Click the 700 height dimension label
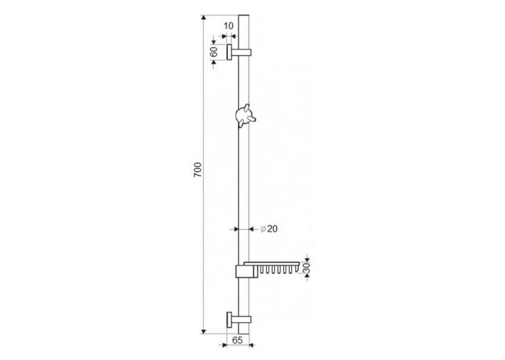pos(197,170)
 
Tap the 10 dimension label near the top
pos(228,26)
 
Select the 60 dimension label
pos(213,52)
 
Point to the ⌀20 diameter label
pos(269,229)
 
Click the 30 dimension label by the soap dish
pos(306,268)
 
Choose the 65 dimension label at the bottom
pos(238,340)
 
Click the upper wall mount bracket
pos(239,52)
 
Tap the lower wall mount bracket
pos(239,320)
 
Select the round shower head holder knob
pos(245,116)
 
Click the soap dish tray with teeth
pos(272,268)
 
